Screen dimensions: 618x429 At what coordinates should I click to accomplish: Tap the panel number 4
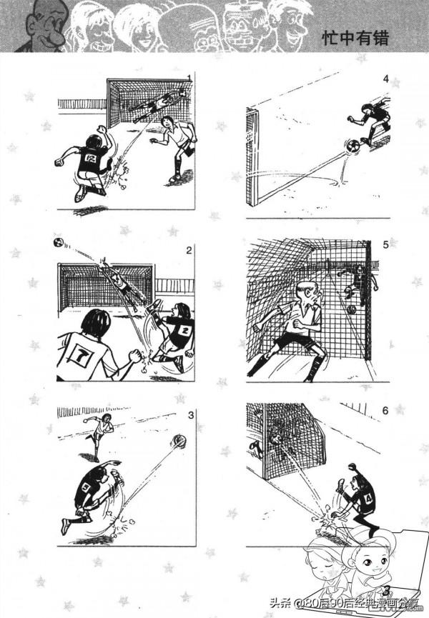click(x=385, y=79)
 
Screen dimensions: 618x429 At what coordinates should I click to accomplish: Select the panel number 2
click(x=189, y=250)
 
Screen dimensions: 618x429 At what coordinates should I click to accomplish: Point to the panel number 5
click(x=385, y=245)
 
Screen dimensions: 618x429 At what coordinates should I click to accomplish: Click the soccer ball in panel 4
click(x=352, y=147)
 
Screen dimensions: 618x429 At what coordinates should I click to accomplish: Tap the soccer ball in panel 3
click(x=179, y=441)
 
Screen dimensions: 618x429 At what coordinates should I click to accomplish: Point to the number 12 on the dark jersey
click(x=92, y=158)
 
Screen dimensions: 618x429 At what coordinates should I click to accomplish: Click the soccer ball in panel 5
click(x=351, y=309)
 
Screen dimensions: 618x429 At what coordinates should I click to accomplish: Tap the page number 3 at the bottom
click(x=387, y=590)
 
